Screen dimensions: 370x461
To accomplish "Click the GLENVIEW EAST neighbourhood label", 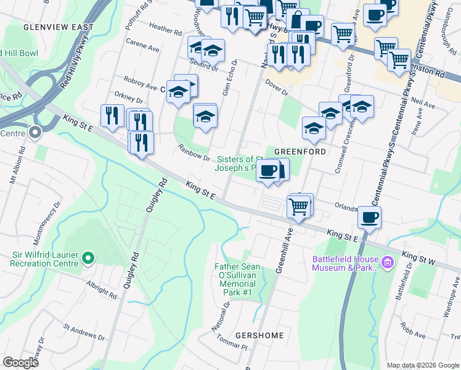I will click(x=59, y=27).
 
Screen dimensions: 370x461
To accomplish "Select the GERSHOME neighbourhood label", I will click(x=260, y=336).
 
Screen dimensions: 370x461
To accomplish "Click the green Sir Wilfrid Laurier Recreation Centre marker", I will click(x=88, y=258).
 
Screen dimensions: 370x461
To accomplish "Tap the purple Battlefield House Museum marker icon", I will click(x=388, y=263).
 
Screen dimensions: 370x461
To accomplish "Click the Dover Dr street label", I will click(x=277, y=88).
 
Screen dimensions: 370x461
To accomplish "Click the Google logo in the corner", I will click(x=20, y=363).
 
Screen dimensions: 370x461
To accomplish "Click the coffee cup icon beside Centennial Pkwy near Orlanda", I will click(x=369, y=218).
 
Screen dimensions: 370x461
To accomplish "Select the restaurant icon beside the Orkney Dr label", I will click(x=112, y=117).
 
